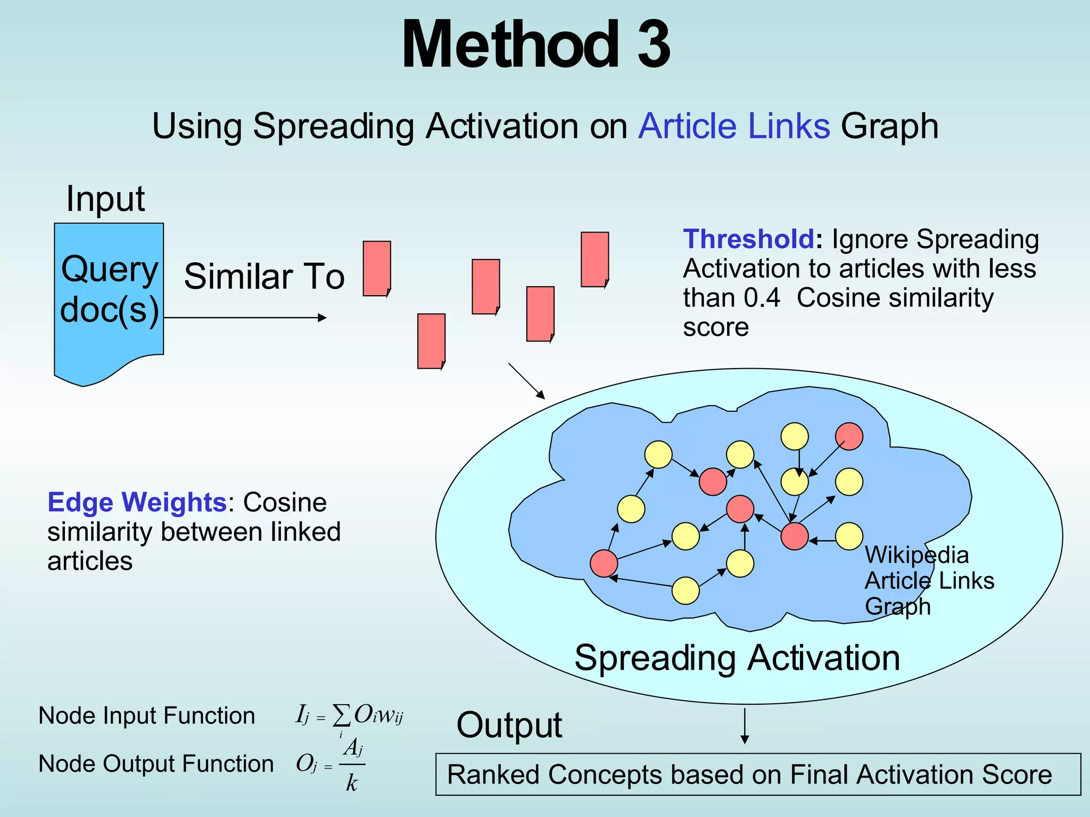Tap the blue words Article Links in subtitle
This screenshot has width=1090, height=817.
734,127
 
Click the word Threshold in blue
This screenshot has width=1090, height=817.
748,239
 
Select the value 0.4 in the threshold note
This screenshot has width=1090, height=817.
762,298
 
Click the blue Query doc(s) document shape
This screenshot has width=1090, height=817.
109,298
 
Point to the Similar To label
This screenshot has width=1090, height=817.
264,277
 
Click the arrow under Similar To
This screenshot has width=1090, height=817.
245,318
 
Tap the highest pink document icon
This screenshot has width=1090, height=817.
594,260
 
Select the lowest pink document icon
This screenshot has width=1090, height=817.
431,341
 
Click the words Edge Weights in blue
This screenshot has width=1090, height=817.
137,503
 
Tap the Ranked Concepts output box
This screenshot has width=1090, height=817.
757,774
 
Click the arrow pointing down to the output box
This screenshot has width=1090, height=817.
745,726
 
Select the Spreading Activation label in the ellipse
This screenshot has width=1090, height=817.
737,658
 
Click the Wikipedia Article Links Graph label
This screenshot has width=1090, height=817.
928,581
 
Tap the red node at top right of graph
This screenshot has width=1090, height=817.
849,437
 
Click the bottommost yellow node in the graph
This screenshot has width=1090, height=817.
686,591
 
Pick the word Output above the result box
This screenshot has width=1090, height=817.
509,726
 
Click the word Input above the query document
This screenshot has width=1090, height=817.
105,199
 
